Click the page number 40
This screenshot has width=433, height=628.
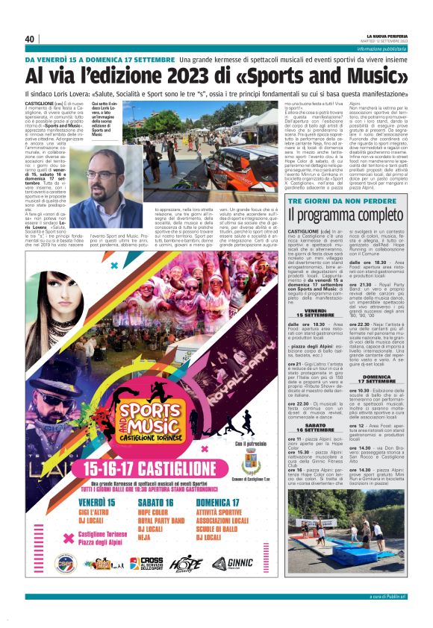pos(30,39)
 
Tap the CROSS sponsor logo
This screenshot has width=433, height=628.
pos(146,563)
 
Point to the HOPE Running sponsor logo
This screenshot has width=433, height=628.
pos(186,564)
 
